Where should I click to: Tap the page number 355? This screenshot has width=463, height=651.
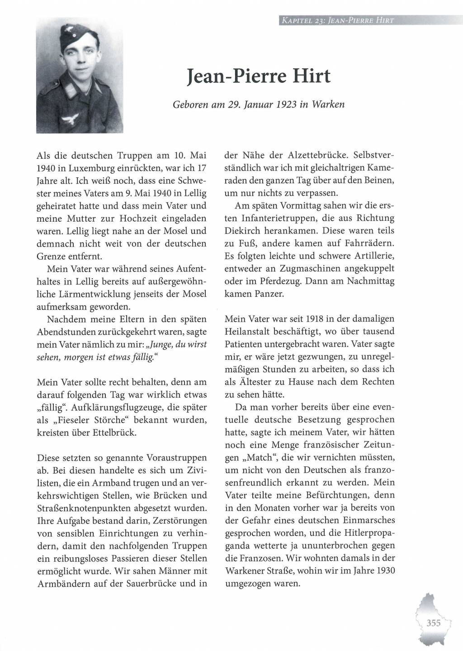coord(433,623)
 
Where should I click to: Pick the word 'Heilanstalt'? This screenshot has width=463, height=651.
coord(249,331)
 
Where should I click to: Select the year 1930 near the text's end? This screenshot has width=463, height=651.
coord(384,570)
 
